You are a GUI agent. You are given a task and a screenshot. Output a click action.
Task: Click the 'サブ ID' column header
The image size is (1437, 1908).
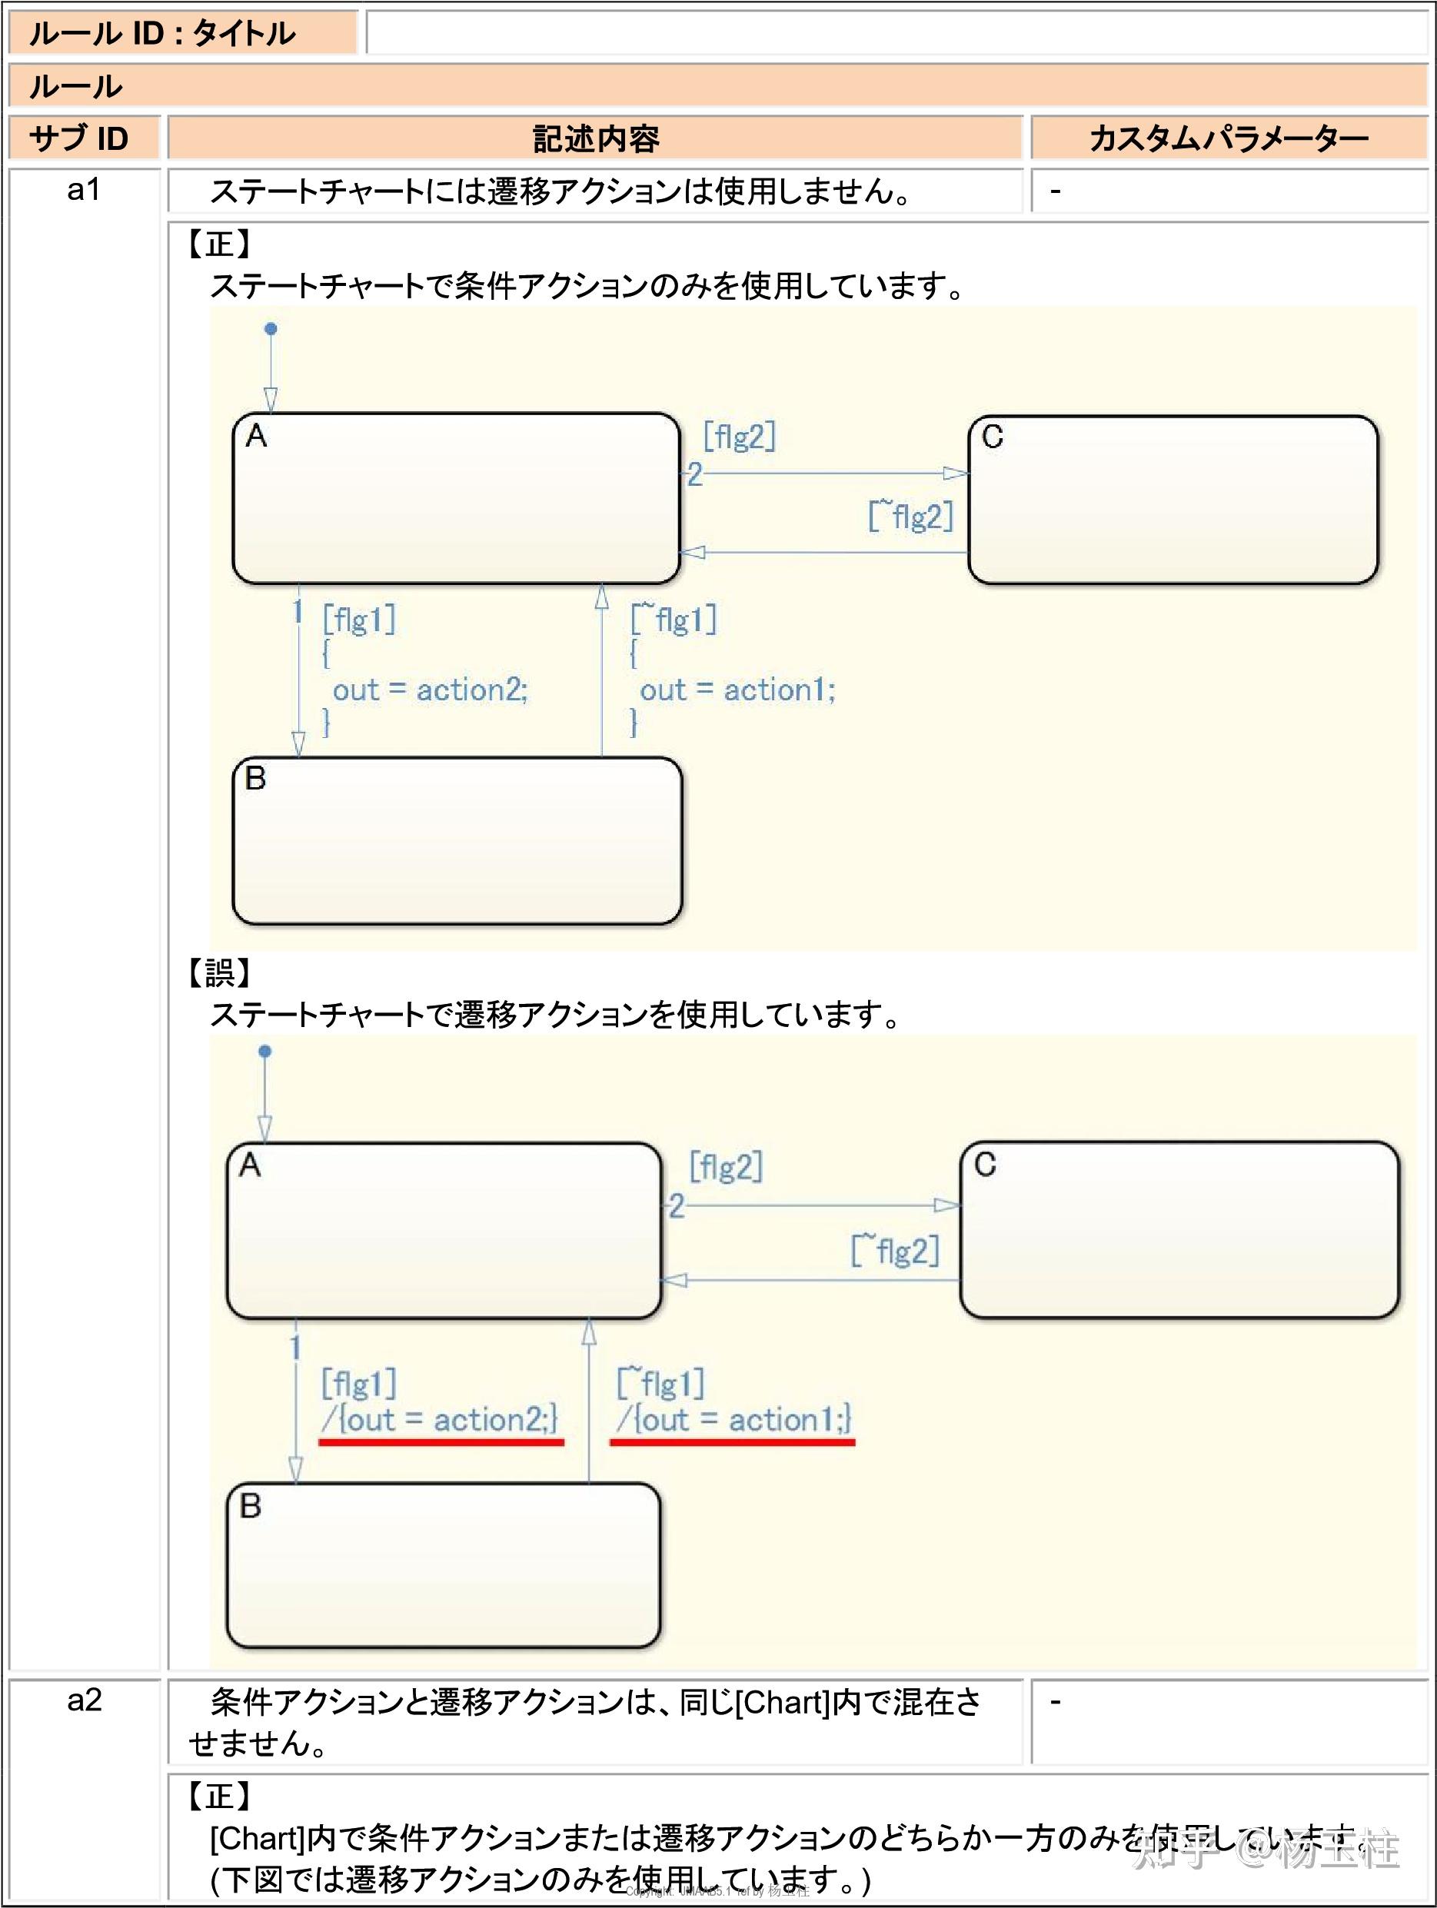(79, 138)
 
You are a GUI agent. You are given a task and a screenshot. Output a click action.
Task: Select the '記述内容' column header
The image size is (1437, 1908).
(595, 138)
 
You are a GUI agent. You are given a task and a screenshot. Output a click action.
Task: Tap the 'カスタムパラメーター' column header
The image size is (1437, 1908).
(1229, 138)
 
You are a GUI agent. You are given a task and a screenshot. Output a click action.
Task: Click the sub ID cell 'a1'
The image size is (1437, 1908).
(84, 190)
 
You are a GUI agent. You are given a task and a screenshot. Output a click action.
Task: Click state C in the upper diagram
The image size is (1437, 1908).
(1173, 500)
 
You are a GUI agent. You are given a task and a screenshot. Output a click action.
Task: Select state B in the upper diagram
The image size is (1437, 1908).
(457, 841)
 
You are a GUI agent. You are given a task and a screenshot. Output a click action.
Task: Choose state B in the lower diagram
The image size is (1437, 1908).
(444, 1566)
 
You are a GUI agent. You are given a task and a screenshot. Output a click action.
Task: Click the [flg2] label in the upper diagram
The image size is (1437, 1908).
(739, 437)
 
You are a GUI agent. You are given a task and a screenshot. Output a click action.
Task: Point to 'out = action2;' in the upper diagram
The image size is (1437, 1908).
(430, 690)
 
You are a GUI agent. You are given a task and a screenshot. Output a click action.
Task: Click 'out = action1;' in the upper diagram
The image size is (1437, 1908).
(737, 690)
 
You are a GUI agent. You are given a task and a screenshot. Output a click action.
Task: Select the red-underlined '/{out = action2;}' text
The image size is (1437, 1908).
(440, 1419)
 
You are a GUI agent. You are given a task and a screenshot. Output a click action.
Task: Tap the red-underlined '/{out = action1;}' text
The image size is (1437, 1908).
(733, 1419)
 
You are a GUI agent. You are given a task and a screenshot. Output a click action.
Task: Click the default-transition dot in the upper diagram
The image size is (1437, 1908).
(271, 329)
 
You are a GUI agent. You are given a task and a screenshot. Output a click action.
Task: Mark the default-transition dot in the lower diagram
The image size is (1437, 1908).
(264, 1052)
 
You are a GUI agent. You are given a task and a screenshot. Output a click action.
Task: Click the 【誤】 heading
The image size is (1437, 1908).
(219, 973)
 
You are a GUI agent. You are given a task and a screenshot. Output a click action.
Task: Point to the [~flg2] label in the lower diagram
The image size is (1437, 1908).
(895, 1251)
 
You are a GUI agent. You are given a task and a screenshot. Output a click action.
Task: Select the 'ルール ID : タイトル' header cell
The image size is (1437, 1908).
(162, 34)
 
